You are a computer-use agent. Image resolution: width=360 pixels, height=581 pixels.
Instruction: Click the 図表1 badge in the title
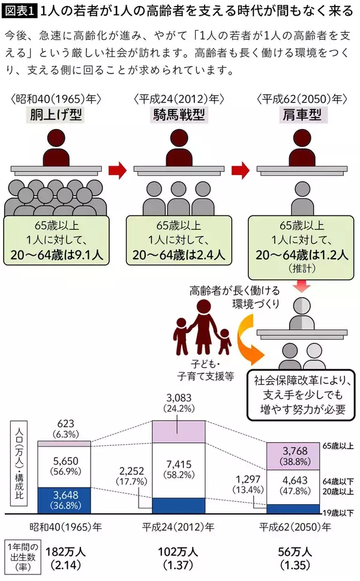tap(19, 11)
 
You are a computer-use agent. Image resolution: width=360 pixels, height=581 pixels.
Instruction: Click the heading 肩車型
tap(301, 115)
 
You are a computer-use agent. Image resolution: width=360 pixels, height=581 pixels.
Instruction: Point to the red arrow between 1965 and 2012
tap(117, 170)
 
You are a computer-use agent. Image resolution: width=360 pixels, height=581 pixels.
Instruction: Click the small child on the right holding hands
tap(224, 342)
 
